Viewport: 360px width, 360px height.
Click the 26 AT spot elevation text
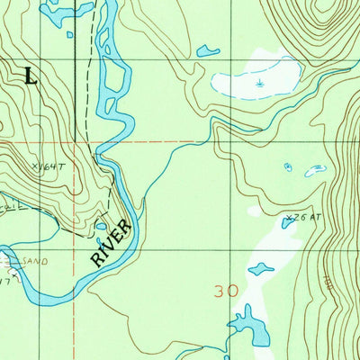(305, 217)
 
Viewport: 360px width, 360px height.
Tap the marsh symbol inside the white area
(259, 84)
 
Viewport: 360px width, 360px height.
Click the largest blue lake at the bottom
(247, 326)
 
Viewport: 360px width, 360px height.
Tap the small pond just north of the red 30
(261, 268)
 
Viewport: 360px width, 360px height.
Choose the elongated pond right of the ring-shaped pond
(316, 169)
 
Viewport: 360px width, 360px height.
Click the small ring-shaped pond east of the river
(288, 166)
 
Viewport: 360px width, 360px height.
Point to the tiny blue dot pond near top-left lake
(69, 35)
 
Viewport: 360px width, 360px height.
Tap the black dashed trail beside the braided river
(90, 90)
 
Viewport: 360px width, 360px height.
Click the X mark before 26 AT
(289, 216)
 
